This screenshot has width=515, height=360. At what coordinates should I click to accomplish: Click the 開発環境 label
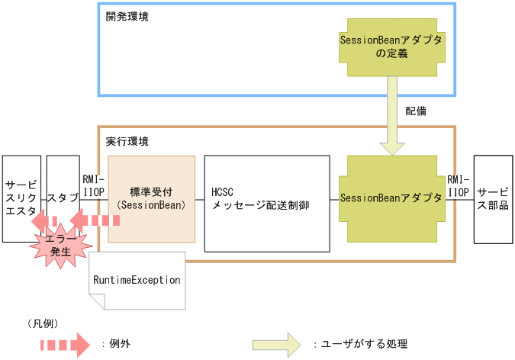(127, 16)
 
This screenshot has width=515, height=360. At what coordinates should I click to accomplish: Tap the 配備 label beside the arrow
(416, 111)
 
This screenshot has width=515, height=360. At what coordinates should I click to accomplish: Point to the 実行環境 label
(127, 141)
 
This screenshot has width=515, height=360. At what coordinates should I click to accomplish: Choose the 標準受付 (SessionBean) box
(151, 198)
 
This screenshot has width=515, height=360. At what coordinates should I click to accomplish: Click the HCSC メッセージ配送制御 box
(267, 199)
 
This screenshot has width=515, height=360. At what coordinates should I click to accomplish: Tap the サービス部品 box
(493, 198)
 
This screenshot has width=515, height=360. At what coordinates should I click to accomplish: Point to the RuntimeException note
(137, 280)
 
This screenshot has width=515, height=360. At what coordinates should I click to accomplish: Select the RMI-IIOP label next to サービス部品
(459, 186)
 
